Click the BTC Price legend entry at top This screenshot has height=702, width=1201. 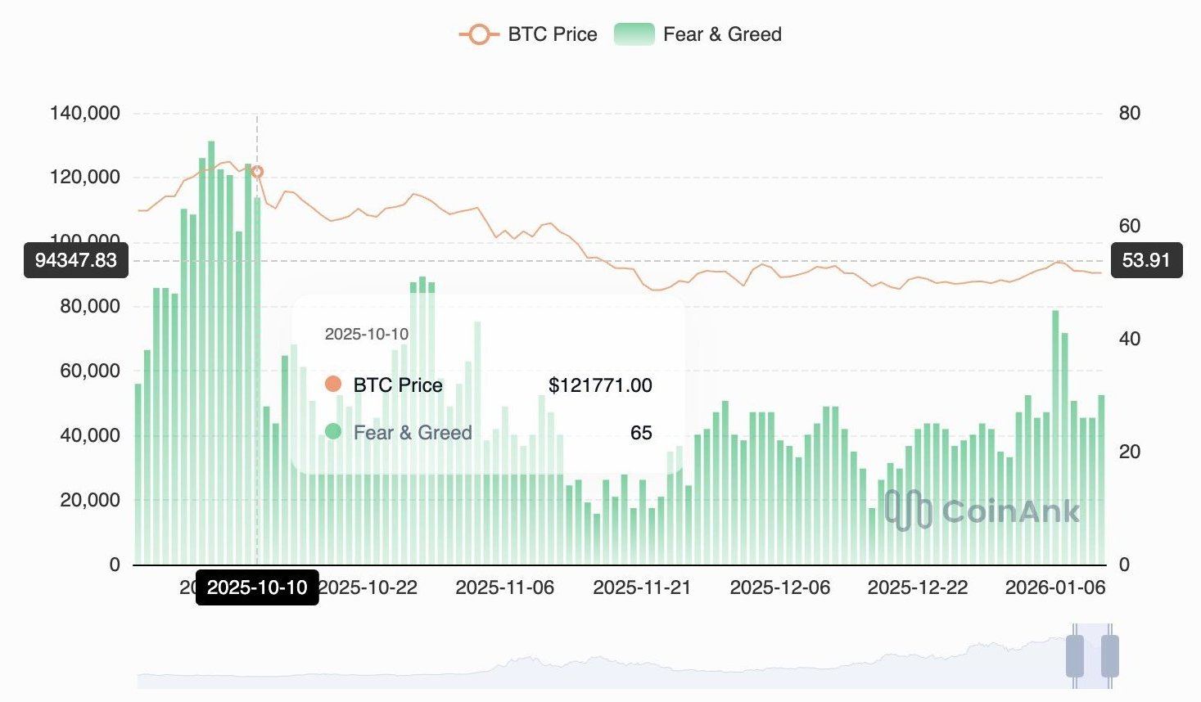point(529,34)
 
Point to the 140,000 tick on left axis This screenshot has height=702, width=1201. point(85,113)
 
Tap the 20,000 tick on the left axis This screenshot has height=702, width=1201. point(90,500)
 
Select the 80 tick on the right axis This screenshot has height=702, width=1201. point(1129,113)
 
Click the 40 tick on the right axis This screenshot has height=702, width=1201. point(1129,339)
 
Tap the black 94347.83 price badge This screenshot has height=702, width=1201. point(76,260)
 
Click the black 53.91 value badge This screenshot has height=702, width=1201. point(1146,260)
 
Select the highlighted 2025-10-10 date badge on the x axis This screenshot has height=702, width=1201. point(257,587)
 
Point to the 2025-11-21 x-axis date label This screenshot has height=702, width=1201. point(642,587)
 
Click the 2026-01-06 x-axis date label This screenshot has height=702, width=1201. point(1055,587)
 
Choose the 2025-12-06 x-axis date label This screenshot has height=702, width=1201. point(779,587)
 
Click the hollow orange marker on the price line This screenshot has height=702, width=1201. point(257,172)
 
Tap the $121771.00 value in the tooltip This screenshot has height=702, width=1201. point(600,385)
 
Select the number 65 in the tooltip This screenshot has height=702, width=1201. point(641,433)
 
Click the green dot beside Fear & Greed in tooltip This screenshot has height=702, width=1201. point(333,431)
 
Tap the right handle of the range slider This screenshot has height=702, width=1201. point(1109,655)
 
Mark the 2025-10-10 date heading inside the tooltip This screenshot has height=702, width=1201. point(367,334)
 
